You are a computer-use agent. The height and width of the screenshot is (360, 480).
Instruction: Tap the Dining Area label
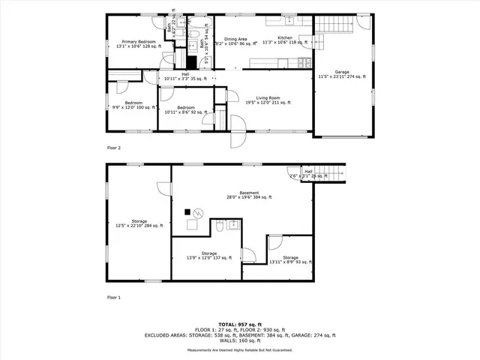tap(233, 43)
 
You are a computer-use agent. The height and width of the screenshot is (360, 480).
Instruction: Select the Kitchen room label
tap(284, 39)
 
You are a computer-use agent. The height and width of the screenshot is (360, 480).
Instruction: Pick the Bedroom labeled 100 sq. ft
tap(133, 104)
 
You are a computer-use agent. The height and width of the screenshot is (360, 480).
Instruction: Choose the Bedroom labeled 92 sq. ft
tap(186, 110)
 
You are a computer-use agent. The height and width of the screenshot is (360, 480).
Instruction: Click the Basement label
tap(250, 195)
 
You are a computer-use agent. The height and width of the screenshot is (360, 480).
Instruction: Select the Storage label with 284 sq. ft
tap(139, 223)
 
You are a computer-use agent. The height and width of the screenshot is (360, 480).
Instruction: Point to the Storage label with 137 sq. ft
tap(208, 256)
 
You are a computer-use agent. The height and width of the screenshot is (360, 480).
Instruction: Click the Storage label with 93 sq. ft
tap(290, 259)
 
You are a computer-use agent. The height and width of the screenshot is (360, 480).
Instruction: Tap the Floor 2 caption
tap(114, 148)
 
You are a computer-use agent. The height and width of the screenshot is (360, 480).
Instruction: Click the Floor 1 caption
tap(114, 297)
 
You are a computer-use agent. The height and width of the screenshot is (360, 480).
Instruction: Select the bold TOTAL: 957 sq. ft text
tap(240, 324)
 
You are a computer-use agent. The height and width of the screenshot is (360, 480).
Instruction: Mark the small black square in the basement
tap(187, 212)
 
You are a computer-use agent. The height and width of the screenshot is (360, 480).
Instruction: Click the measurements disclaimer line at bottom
tap(240, 349)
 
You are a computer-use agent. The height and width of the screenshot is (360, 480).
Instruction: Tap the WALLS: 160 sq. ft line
tap(240, 341)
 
